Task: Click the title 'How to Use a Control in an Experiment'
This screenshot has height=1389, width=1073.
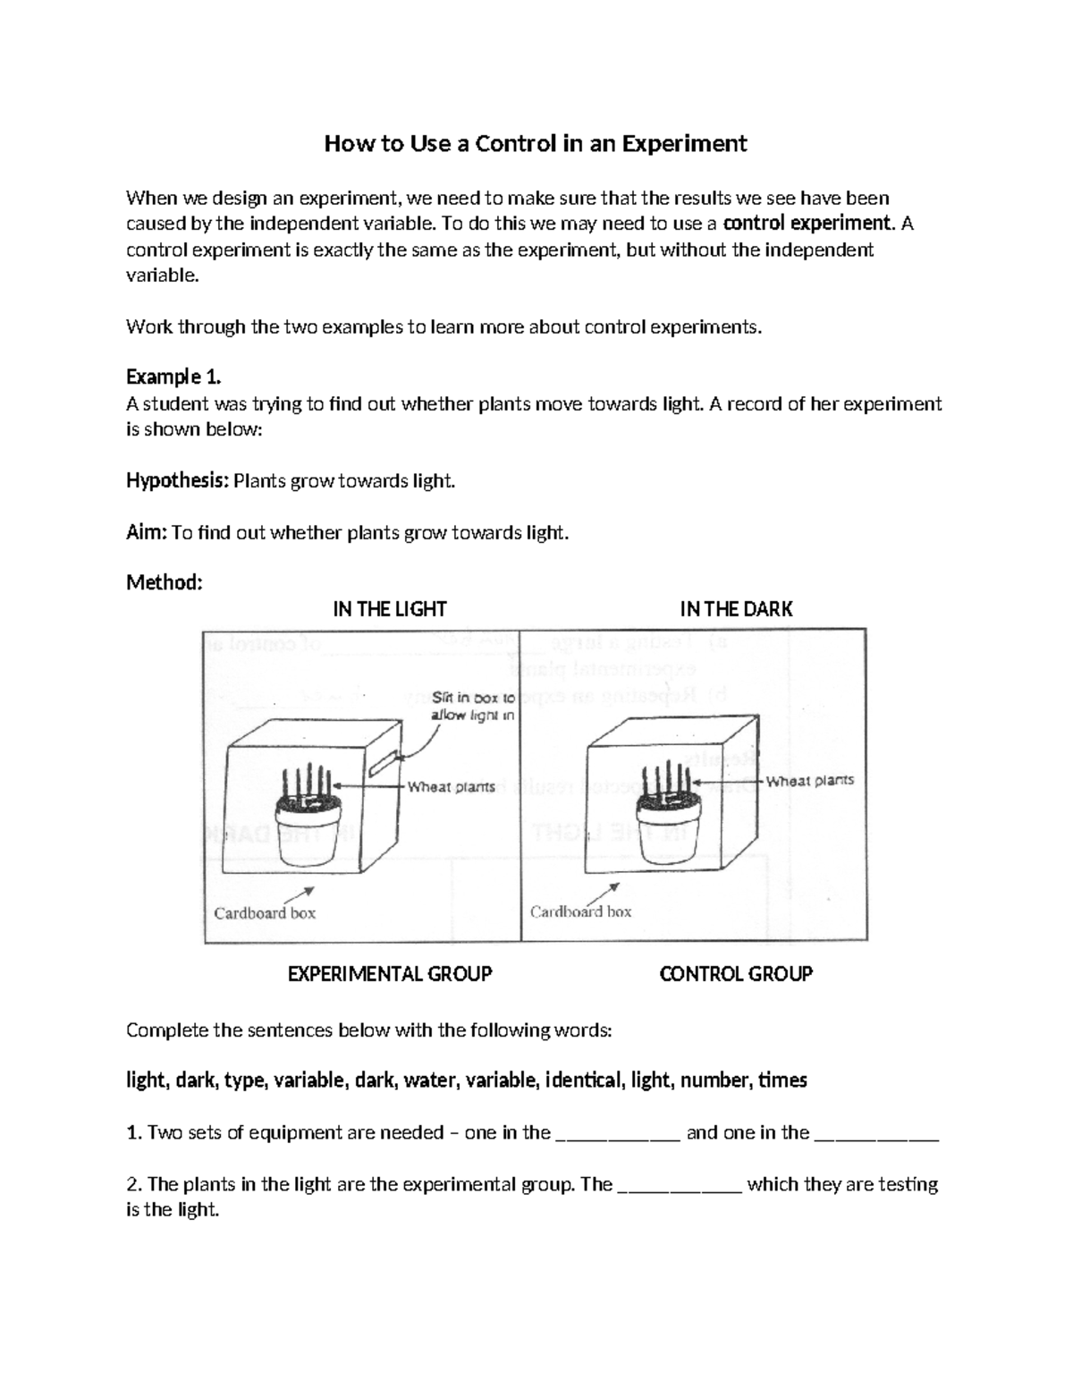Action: [535, 144]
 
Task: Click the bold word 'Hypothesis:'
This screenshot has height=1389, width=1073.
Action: [177, 481]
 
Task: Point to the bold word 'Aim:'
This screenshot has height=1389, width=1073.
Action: [146, 533]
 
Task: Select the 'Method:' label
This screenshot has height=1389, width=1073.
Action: [165, 583]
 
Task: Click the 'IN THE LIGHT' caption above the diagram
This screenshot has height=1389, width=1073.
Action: [390, 610]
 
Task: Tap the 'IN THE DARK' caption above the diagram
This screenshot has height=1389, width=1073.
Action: [736, 610]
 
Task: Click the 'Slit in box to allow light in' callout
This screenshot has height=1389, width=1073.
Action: [472, 706]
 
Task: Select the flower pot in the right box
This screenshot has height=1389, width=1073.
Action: [666, 828]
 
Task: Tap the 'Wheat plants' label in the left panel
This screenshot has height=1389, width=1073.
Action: [452, 787]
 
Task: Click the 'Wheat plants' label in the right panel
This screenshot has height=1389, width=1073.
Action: [809, 781]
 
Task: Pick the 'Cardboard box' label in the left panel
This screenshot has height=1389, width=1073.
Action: [265, 913]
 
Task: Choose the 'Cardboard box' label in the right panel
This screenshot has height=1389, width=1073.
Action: [580, 912]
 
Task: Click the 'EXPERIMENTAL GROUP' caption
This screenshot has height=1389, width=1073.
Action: [390, 974]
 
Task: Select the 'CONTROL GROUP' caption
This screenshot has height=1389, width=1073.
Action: [736, 974]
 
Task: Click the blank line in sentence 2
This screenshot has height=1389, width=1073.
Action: [680, 1186]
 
